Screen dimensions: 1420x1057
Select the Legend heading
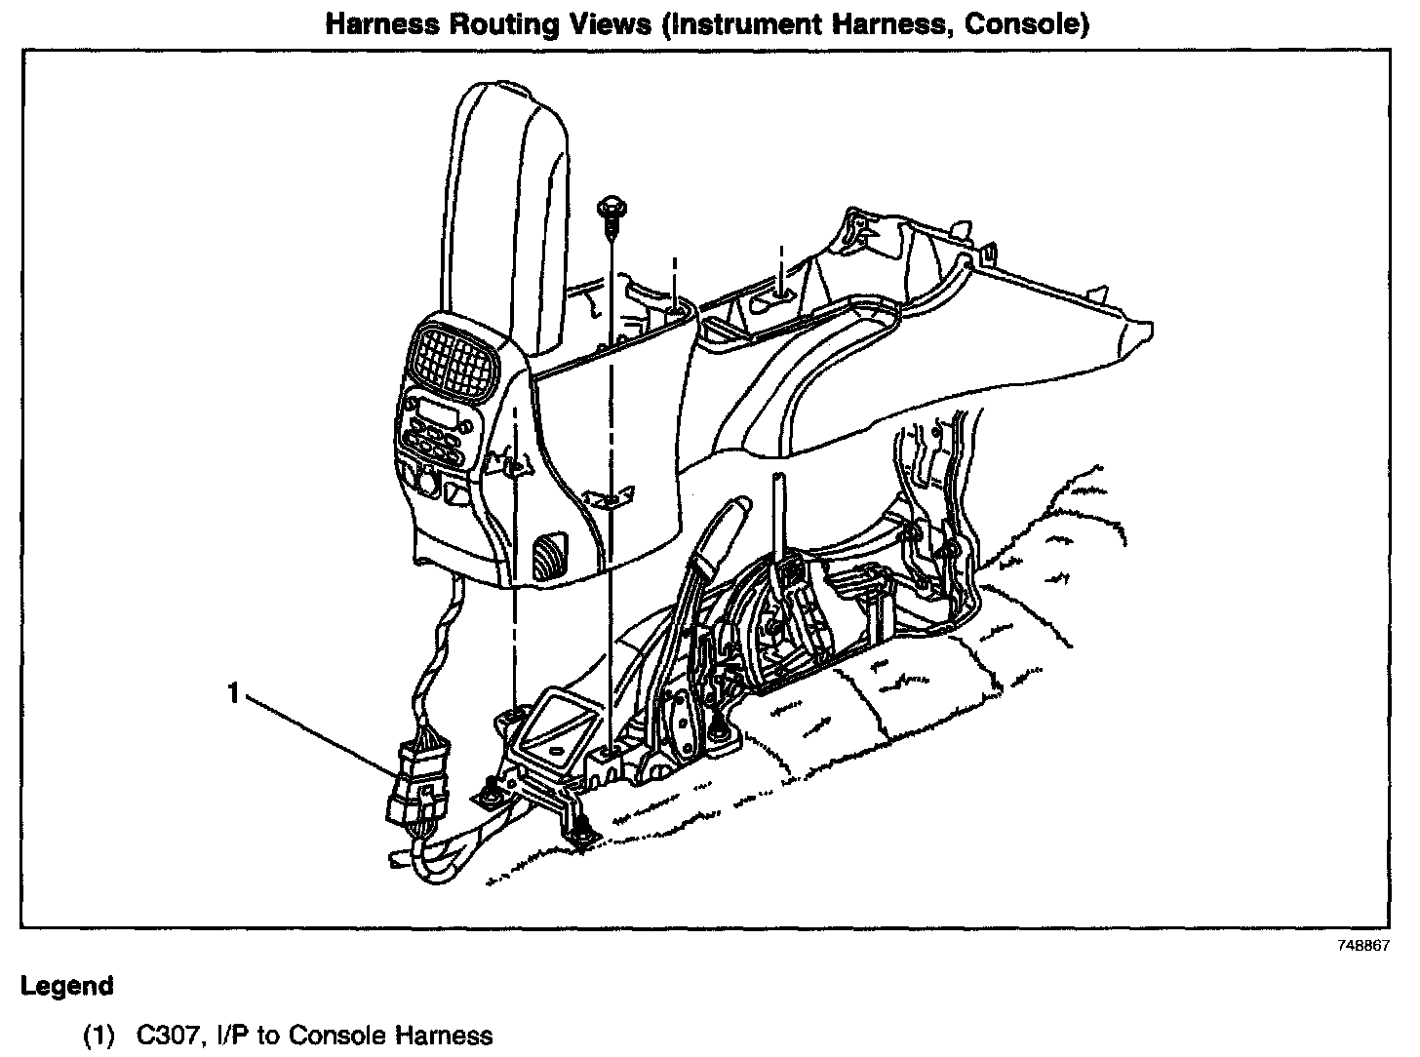point(66,986)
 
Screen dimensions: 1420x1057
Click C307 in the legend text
point(163,1035)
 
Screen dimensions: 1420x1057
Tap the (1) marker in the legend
point(99,1035)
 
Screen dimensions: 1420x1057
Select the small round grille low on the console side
point(550,556)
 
